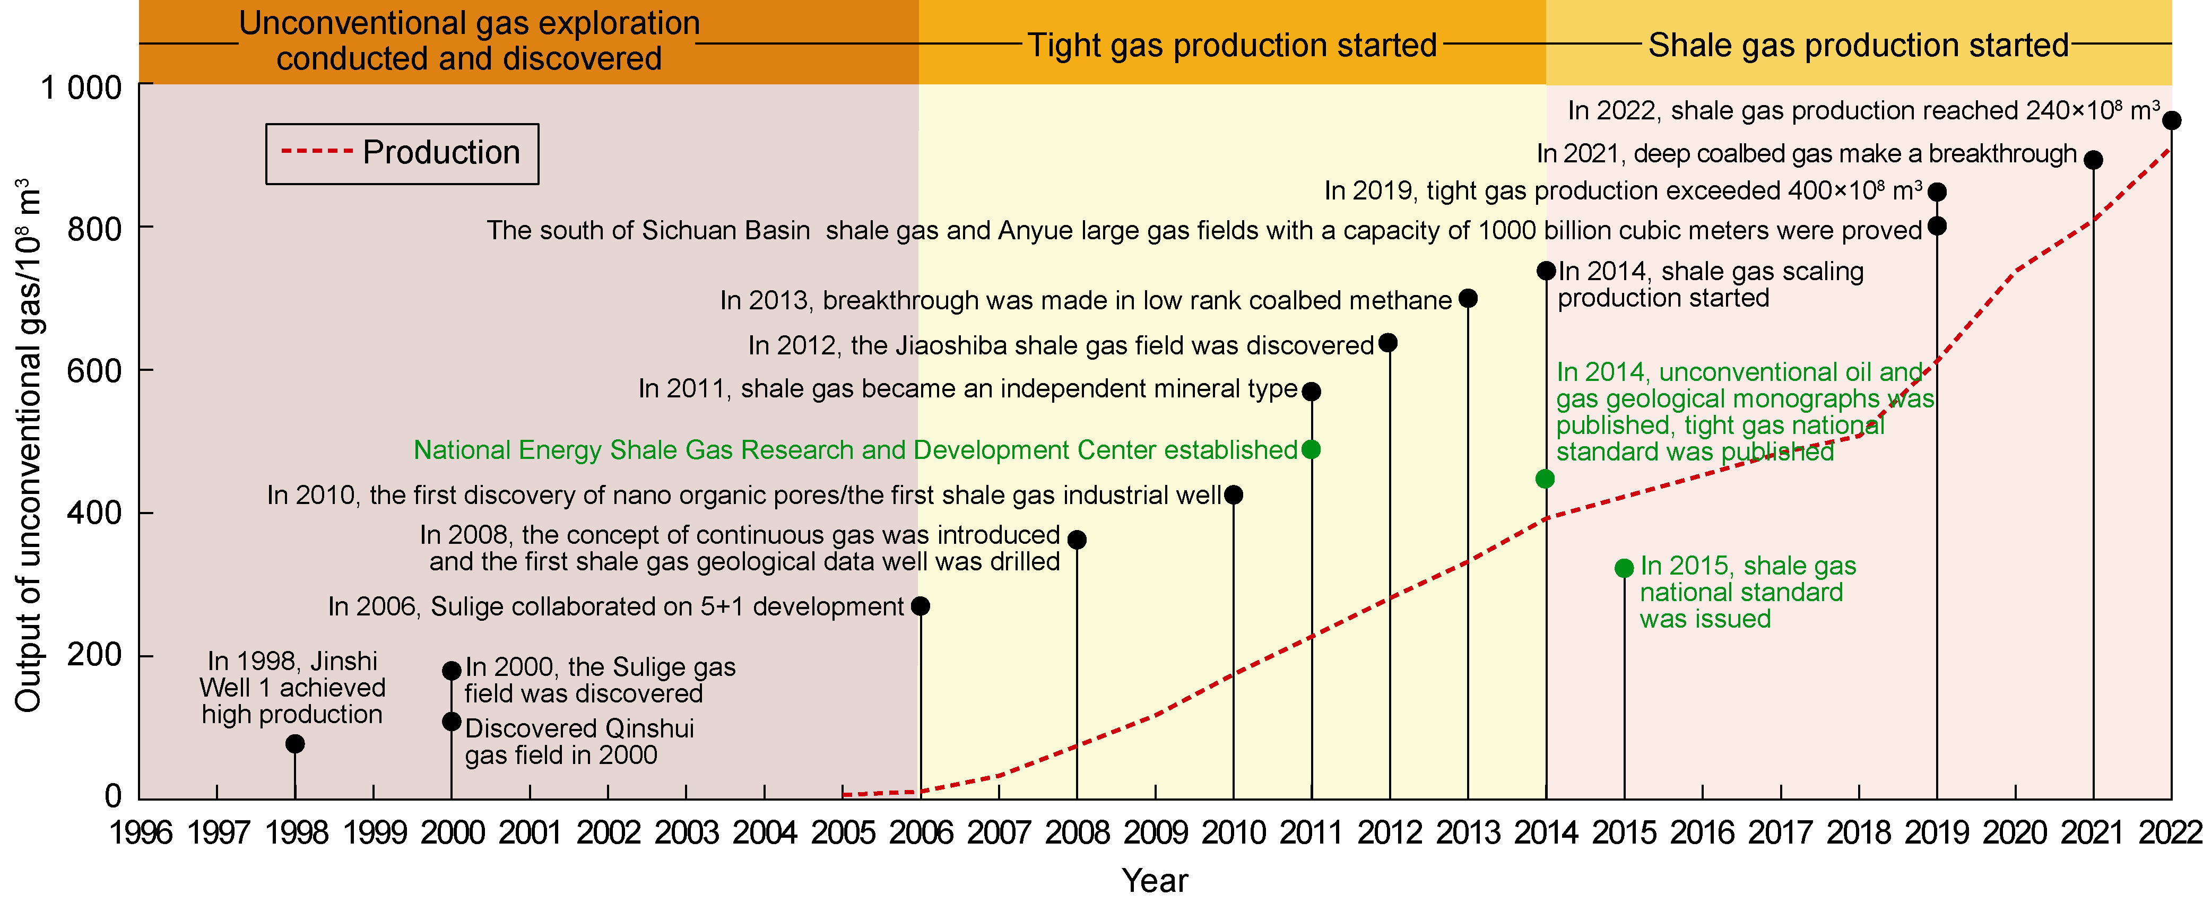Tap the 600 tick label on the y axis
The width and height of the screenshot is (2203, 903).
94,371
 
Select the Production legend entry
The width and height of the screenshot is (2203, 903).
402,153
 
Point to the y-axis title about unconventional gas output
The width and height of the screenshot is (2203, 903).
28,445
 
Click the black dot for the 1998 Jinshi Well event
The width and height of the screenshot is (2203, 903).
295,744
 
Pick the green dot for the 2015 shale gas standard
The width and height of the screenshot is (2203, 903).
1624,568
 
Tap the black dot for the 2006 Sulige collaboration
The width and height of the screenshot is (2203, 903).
920,606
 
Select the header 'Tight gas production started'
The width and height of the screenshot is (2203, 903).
1231,45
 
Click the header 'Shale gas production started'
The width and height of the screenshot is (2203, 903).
1858,45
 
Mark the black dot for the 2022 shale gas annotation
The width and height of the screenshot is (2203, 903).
2171,120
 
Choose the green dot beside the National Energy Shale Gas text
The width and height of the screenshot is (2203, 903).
1311,450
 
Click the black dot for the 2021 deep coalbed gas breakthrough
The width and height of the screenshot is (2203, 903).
2093,160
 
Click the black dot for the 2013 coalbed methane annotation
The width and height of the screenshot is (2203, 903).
1468,298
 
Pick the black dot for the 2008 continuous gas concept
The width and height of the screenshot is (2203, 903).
1077,540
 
